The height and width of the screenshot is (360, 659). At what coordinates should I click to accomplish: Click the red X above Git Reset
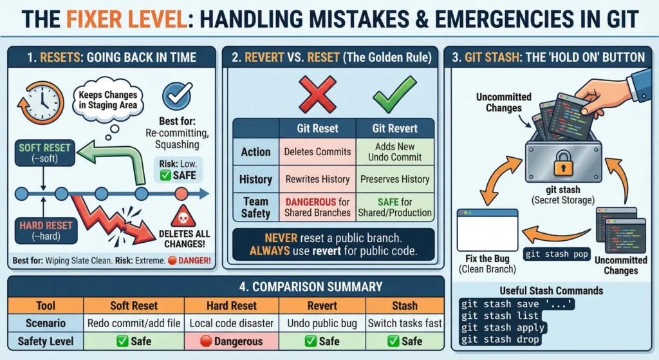(317, 95)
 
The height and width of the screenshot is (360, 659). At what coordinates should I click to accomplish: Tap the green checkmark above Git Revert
(394, 95)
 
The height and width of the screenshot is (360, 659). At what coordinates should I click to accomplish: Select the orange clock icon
(41, 103)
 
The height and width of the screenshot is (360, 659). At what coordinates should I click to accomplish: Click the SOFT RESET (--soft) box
(44, 153)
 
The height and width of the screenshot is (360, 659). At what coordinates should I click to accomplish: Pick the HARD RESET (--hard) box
(46, 231)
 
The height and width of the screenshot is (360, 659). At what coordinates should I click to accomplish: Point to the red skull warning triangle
(183, 216)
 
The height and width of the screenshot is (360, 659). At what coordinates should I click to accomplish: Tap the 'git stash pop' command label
(557, 254)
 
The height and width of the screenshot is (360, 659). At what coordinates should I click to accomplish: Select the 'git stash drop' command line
(499, 339)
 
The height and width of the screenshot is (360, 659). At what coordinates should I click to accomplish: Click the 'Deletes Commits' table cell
(317, 152)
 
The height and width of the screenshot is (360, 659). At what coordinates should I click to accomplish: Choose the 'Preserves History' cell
(394, 179)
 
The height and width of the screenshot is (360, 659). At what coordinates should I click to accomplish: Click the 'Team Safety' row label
(255, 207)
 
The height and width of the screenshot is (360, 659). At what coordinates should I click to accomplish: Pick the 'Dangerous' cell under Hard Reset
(232, 341)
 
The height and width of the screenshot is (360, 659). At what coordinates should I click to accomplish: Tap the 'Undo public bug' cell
(322, 323)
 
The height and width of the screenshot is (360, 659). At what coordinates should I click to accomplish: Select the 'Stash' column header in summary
(405, 306)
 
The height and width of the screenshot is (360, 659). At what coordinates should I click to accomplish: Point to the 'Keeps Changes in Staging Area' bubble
(108, 100)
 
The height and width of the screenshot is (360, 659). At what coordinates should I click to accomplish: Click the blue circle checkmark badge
(177, 96)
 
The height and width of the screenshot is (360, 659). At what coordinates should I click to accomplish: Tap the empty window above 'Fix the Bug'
(488, 230)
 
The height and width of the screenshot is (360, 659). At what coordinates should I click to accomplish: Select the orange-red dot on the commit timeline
(181, 194)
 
